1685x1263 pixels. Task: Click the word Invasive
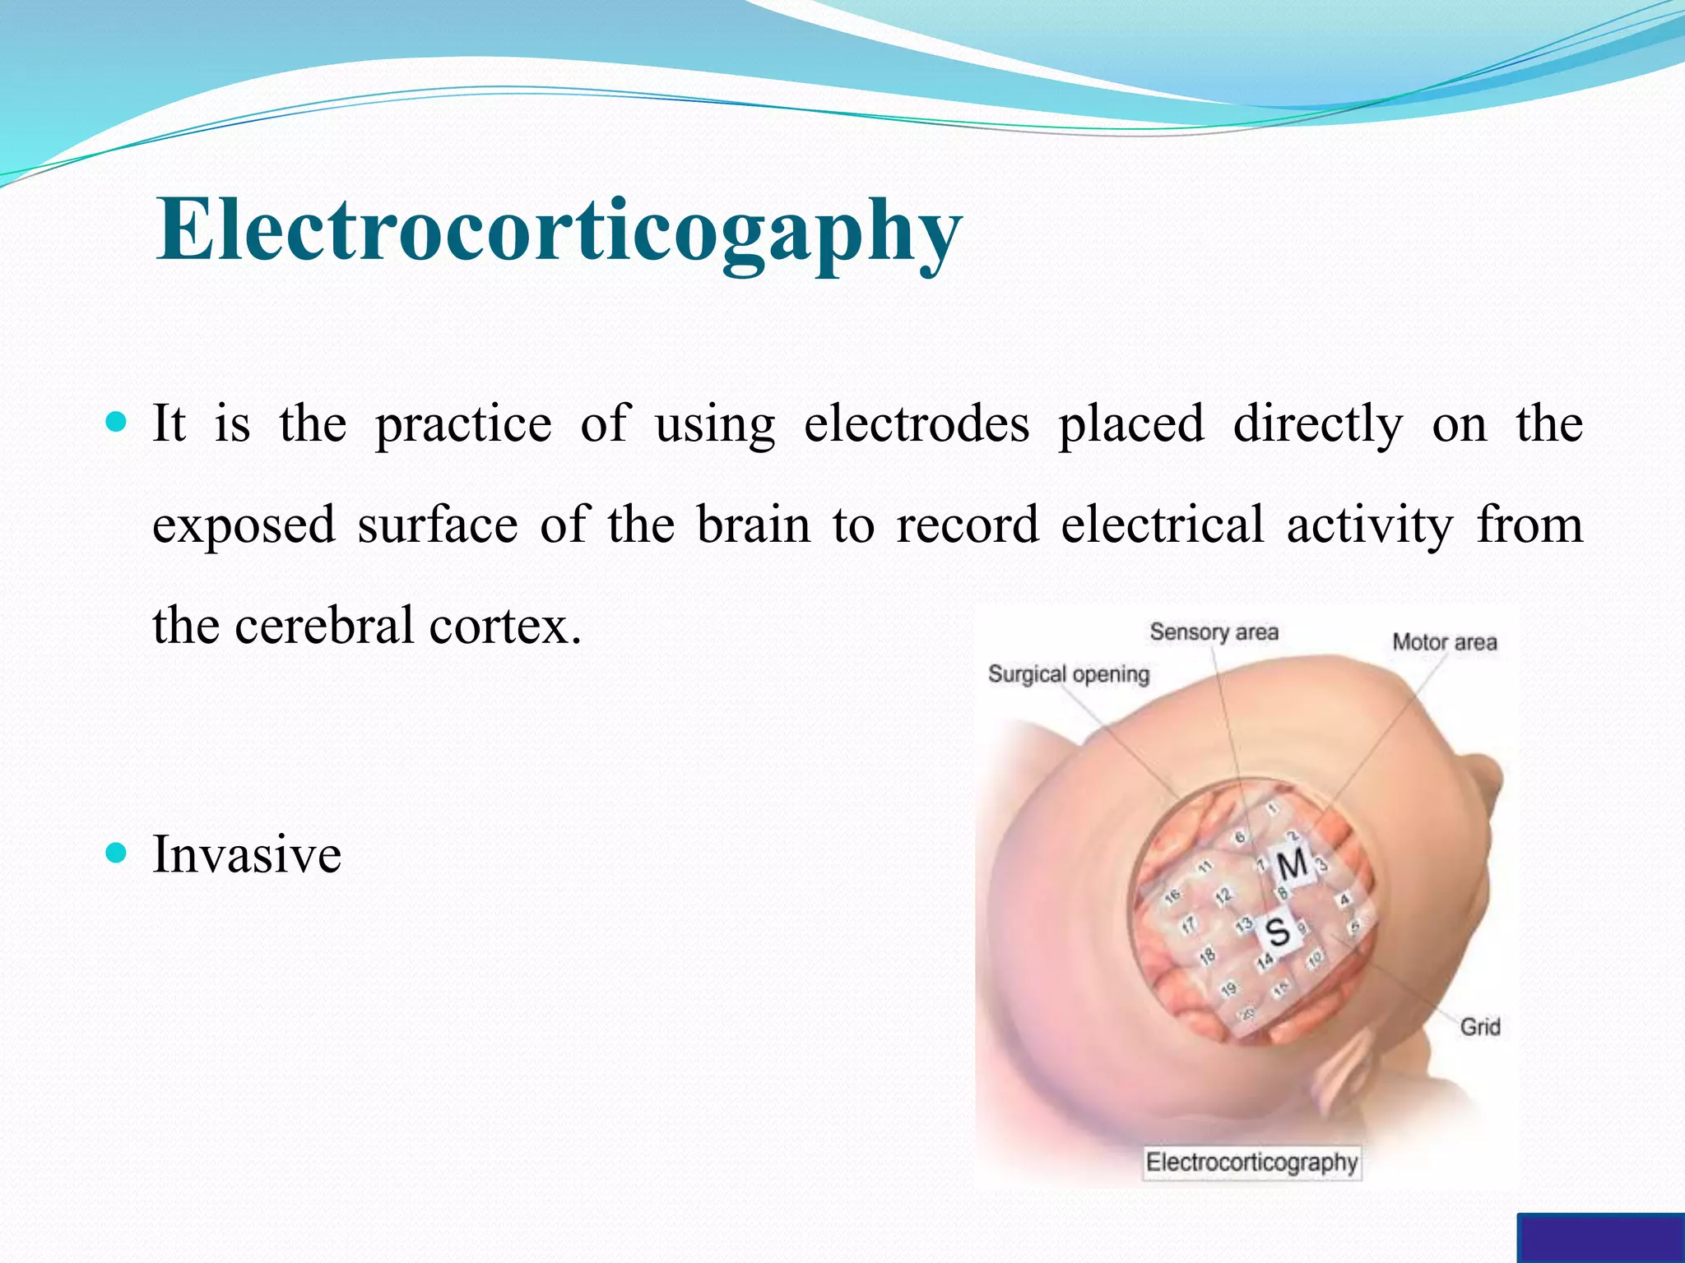247,854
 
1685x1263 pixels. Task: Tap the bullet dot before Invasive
117,854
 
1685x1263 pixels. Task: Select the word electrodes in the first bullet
916,424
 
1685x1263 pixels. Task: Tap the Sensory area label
1214,632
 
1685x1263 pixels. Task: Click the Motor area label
1444,642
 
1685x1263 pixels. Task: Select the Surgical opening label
1068,674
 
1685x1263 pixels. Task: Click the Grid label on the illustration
1479,1026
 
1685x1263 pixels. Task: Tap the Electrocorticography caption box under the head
1251,1163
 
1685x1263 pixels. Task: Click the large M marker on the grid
1292,864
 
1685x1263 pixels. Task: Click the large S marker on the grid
1277,932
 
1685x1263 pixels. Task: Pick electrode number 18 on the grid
1207,956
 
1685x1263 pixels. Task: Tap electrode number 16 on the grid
1172,895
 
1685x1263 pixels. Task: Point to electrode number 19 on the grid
1228,989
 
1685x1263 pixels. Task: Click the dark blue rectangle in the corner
1599,1238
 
